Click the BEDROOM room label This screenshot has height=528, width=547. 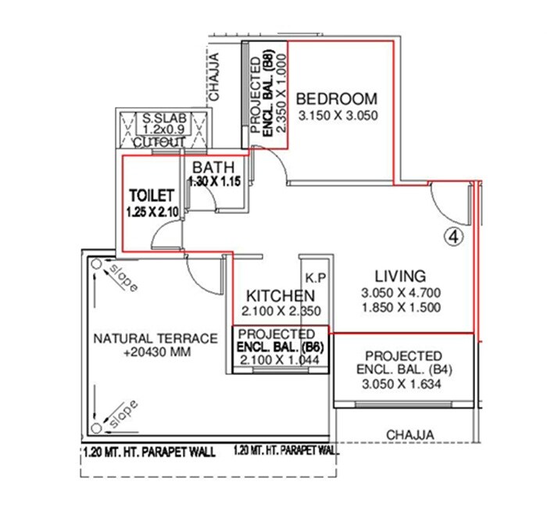pos(337,99)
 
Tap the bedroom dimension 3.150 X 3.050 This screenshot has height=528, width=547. pos(337,116)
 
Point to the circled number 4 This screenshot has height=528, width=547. pos(456,234)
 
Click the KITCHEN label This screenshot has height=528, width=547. pos(281,296)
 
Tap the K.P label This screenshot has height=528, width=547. pos(315,277)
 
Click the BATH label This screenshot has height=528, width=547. pos(213,167)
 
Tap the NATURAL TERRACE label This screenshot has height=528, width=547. pos(155,339)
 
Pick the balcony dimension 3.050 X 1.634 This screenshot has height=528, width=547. pos(403,384)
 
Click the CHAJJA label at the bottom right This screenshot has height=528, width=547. pos(410,435)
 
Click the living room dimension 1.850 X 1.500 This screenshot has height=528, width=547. pos(401,308)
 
